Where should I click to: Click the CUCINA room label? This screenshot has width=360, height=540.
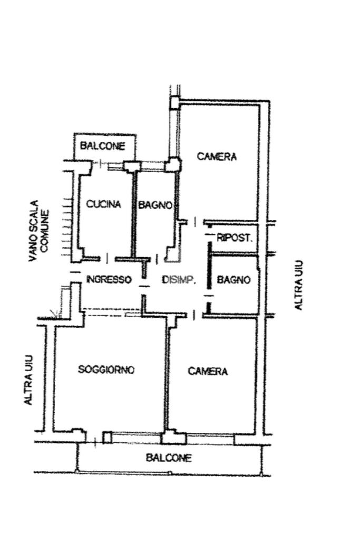[x=104, y=204]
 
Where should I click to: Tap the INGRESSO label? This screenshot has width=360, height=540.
[x=109, y=280]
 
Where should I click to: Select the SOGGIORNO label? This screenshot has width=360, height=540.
[x=106, y=370]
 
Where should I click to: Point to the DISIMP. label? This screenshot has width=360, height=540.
[x=179, y=280]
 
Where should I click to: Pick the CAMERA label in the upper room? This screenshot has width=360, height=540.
[x=217, y=156]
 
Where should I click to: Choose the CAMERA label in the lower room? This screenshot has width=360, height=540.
[x=208, y=371]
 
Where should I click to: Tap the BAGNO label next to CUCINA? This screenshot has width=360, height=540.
[x=155, y=205]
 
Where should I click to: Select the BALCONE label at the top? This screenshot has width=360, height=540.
[x=103, y=146]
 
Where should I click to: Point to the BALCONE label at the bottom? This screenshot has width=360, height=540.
[x=169, y=458]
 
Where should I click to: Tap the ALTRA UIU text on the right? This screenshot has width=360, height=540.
[x=298, y=285]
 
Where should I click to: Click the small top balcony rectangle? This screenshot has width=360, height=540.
[x=105, y=146]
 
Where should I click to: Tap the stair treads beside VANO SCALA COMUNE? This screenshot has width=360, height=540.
[x=66, y=227]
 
